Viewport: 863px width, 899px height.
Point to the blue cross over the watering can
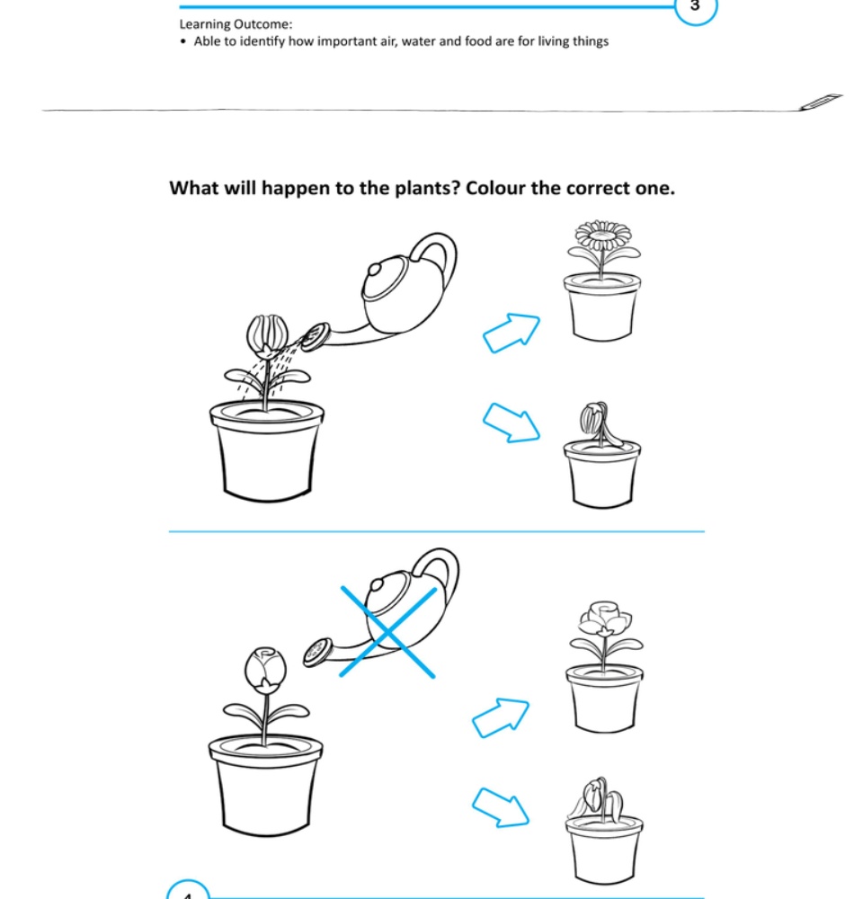click(387, 632)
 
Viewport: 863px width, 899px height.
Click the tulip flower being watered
click(267, 334)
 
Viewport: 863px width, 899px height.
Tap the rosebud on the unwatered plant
click(265, 667)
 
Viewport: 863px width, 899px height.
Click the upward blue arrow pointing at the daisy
click(511, 333)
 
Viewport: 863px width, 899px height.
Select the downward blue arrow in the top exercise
click(511, 423)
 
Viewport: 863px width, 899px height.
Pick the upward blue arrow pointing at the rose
click(501, 717)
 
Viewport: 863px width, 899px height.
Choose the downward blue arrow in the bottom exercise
click(501, 807)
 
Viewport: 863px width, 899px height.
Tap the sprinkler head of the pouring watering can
click(316, 336)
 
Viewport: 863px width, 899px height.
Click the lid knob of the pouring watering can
click(375, 268)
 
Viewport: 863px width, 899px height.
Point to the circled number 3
click(695, 7)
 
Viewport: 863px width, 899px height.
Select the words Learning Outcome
click(236, 24)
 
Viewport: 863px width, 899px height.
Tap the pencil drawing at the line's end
click(822, 102)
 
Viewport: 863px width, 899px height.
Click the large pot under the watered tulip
click(267, 450)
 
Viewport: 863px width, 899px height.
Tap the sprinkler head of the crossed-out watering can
click(317, 652)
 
